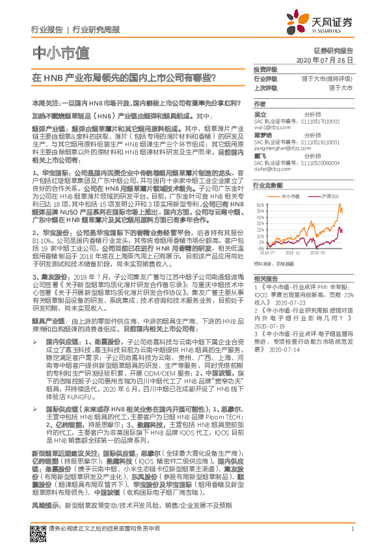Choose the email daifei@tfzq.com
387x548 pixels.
(x=268, y=168)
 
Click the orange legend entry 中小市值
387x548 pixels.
(x=289, y=196)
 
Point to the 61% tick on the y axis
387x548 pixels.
(x=260, y=205)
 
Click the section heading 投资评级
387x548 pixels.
(x=265, y=70)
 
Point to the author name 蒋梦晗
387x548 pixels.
(x=262, y=135)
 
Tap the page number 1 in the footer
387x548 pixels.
(x=351, y=528)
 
